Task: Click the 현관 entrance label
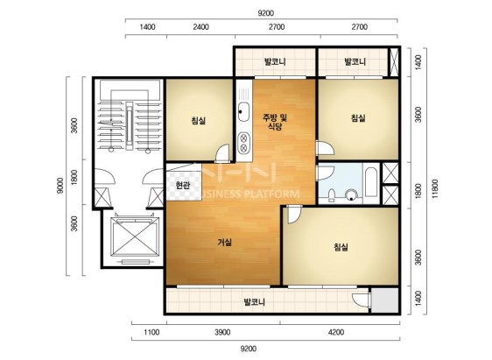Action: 183,186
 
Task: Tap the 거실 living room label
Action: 225,243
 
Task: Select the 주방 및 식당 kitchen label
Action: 275,122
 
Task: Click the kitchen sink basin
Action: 243,112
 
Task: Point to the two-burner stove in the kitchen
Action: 243,143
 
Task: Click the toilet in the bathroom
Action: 331,194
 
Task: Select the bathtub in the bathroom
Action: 371,182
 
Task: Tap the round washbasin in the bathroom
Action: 351,195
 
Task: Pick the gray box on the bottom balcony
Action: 384,300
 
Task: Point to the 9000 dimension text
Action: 60,186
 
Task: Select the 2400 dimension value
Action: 200,27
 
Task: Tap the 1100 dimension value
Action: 151,332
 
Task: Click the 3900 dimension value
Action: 222,332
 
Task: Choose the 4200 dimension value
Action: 336,332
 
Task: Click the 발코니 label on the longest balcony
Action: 255,302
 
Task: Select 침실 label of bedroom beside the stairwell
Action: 199,120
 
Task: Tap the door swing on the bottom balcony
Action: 362,300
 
